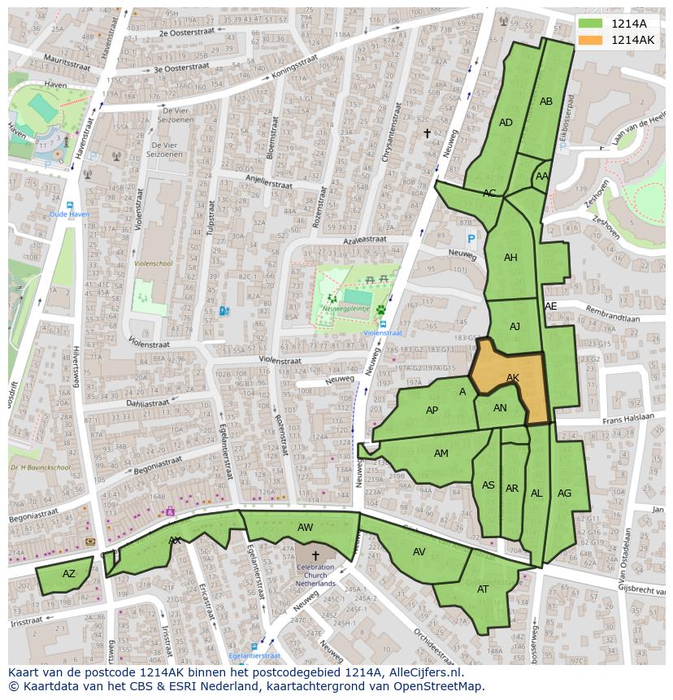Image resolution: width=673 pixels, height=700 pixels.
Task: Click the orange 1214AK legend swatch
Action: [x=591, y=40]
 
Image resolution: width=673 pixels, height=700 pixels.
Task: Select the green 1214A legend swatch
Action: [x=591, y=24]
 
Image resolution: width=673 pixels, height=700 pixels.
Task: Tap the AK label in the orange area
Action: [x=513, y=378]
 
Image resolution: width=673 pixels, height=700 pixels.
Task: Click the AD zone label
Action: [x=506, y=123]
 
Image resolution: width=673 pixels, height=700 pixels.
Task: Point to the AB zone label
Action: [x=546, y=102]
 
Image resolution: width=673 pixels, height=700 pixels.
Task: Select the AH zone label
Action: [x=510, y=258]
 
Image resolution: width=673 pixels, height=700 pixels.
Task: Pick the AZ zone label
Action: [x=69, y=574]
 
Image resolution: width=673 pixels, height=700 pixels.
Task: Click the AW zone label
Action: [x=305, y=528]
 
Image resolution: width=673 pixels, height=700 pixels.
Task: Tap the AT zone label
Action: [x=483, y=589]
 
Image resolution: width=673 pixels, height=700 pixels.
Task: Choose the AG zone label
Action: [x=564, y=493]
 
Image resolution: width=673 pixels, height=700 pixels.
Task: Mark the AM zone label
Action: [x=441, y=454]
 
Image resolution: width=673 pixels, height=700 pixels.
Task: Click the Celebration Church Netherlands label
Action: [x=315, y=576]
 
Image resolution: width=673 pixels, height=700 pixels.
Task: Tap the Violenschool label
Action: [x=153, y=263]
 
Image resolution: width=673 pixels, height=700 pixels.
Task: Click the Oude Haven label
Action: [x=69, y=215]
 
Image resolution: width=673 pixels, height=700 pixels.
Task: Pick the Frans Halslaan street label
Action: [x=628, y=417]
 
